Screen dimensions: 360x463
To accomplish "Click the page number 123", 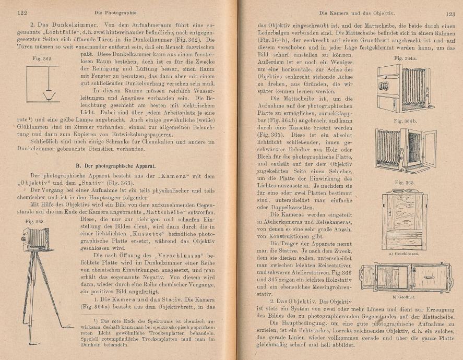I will pyautogui.click(x=450, y=15).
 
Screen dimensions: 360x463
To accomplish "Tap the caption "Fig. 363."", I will pyautogui.click(x=34, y=222).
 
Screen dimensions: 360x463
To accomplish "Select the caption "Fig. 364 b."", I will pyautogui.click(x=405, y=122).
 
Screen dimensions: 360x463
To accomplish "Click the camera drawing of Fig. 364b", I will pyautogui.click(x=405, y=150).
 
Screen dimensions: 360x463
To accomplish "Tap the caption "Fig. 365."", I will pyautogui.click(x=405, y=183).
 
